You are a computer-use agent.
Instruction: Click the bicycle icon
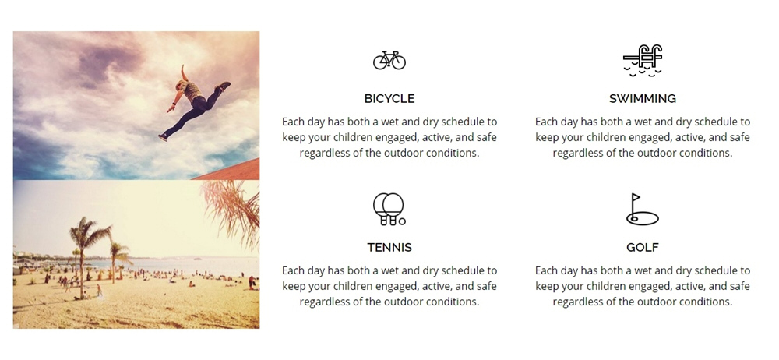(389, 60)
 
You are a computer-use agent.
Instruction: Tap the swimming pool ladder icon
(643, 60)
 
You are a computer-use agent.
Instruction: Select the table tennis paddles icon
(389, 209)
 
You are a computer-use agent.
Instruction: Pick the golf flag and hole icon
(643, 210)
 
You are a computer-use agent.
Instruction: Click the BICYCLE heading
(389, 98)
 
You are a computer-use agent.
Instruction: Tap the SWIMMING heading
(643, 98)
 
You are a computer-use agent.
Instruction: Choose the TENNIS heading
(389, 247)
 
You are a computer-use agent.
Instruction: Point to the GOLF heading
(643, 247)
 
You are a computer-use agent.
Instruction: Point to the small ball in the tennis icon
(402, 221)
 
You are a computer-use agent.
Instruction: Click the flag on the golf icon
(636, 198)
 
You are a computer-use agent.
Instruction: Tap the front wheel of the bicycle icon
(397, 62)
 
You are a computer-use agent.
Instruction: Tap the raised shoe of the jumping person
(223, 86)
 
